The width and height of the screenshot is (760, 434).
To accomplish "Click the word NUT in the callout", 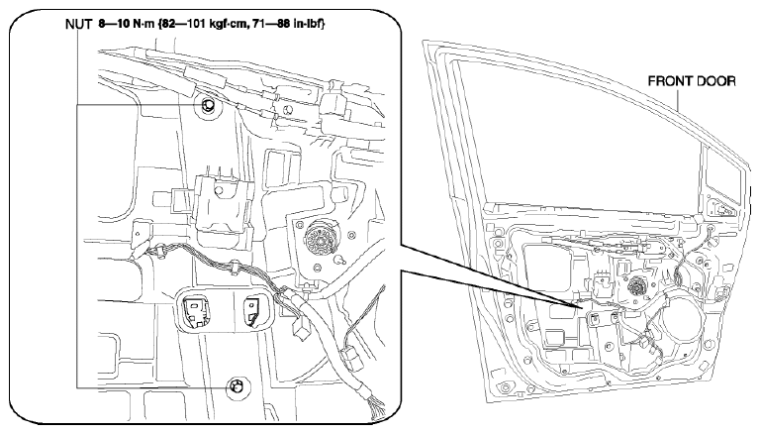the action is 78,24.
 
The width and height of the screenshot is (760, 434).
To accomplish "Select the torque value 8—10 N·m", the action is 126,24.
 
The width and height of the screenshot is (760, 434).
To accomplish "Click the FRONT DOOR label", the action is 692,81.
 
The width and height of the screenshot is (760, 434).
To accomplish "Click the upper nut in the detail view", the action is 208,105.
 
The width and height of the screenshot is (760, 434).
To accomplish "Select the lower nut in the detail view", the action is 237,385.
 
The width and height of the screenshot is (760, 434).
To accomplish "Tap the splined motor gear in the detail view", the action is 319,237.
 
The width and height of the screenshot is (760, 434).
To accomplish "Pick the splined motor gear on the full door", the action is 635,287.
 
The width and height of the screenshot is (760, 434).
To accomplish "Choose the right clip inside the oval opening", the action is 253,311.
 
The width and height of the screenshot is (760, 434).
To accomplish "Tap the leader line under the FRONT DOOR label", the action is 678,98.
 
